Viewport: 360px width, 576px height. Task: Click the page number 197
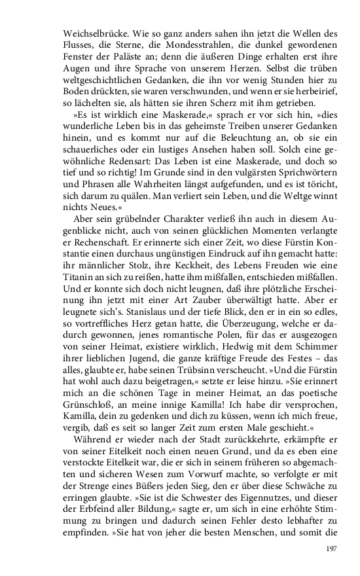point(331,550)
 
